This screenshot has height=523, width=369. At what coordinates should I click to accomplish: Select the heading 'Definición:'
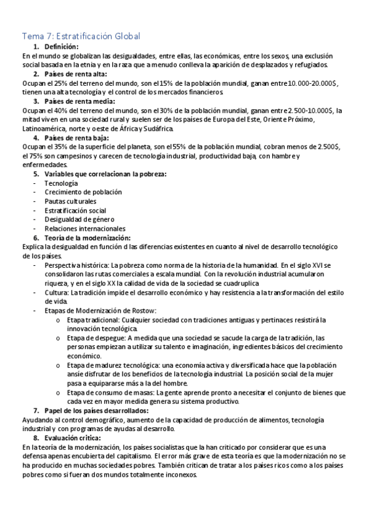click(62, 47)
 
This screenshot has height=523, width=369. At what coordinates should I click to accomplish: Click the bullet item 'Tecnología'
click(61, 183)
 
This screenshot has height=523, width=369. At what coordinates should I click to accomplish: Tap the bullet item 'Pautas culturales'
click(70, 201)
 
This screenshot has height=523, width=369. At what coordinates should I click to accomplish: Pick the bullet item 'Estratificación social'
click(75, 210)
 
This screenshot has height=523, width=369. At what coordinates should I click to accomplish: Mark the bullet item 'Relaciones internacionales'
click(84, 228)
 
